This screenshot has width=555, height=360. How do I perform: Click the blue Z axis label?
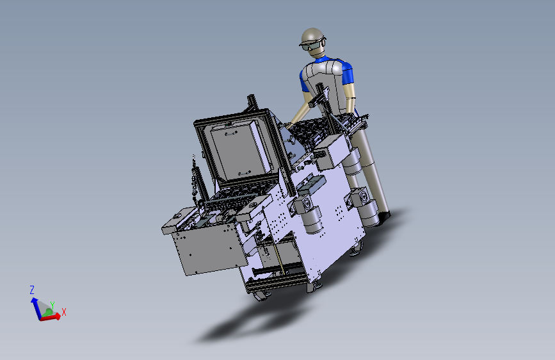pyautogui.click(x=32, y=290)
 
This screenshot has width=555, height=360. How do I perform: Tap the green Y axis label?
pyautogui.click(x=52, y=305)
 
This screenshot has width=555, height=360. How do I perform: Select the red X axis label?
pyautogui.click(x=64, y=312)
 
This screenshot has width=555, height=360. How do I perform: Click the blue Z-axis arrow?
pyautogui.click(x=36, y=308)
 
